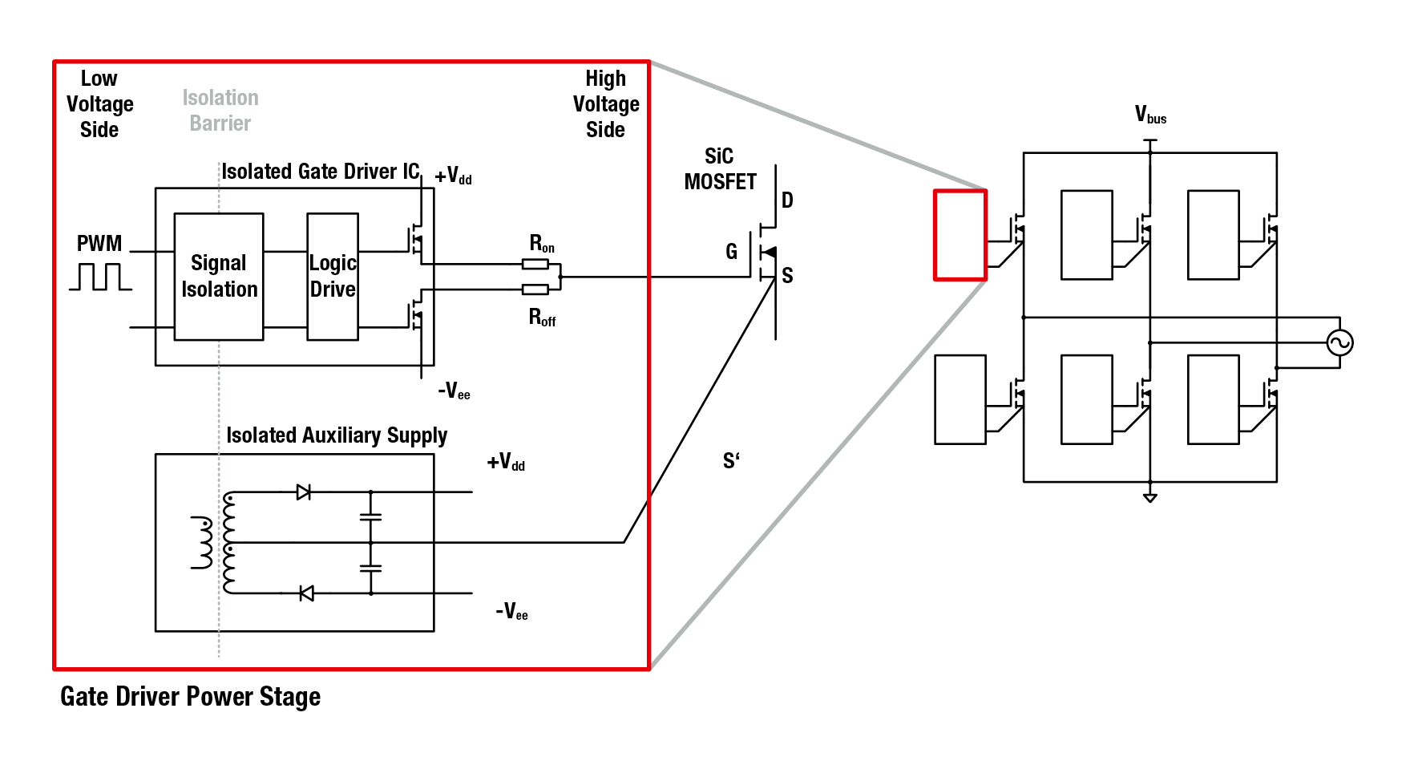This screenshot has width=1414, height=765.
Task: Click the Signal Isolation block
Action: pos(219,277)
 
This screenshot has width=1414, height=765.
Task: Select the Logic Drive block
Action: pos(333,277)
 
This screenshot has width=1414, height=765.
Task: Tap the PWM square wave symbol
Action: pos(100,277)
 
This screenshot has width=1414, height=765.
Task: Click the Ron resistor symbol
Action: pos(535,264)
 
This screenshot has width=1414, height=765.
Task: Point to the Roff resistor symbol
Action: pos(535,289)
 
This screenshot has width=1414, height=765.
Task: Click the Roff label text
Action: pos(542,318)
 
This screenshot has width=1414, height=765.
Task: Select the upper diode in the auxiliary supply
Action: pos(304,492)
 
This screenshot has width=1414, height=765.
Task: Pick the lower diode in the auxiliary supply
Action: pos(305,593)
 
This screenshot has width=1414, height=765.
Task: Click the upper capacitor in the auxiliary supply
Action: pos(370,517)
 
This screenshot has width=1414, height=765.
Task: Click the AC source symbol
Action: pos(1339,343)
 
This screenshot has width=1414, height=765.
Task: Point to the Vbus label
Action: pos(1150,115)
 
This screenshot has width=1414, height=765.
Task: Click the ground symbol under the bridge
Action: pos(1150,497)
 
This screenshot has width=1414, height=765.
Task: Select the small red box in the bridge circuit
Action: pos(960,235)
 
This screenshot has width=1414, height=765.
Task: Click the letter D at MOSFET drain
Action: pos(787,200)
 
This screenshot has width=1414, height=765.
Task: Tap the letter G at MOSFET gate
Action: pos(731,252)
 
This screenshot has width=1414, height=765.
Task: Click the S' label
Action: pos(731,460)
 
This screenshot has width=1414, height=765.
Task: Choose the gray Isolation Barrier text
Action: pos(220,111)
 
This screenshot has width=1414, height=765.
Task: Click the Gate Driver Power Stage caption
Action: pos(191,697)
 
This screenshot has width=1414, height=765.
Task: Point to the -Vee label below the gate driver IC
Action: pos(454,391)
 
